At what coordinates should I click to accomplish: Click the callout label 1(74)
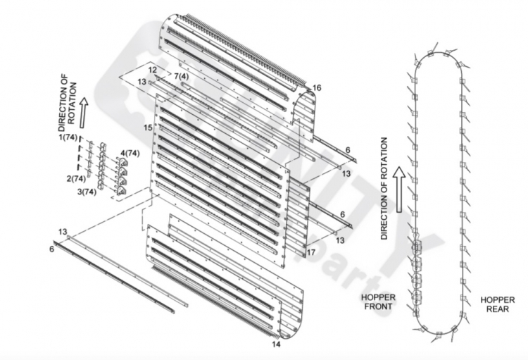(x=68, y=137)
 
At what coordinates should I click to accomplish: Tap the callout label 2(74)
(x=76, y=178)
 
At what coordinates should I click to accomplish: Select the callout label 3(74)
(x=87, y=192)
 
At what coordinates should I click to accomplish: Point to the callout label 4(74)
(x=130, y=154)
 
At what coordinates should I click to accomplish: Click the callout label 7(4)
(x=182, y=77)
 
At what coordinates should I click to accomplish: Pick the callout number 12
(x=153, y=70)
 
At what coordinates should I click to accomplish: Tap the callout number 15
(x=148, y=128)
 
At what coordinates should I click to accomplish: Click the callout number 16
(x=317, y=88)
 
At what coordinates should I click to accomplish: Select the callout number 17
(x=311, y=252)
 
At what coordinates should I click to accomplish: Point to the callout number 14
(x=276, y=345)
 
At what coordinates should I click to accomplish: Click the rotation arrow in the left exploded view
(x=83, y=113)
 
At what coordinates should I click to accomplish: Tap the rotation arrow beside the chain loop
(x=400, y=190)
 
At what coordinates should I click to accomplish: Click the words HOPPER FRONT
(x=378, y=302)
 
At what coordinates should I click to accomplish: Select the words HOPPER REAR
(x=497, y=304)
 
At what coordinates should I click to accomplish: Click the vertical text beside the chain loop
(x=384, y=188)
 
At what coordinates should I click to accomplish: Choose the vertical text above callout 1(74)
(x=68, y=103)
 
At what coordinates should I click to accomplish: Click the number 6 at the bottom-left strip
(x=51, y=249)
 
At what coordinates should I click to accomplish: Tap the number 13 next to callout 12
(x=142, y=82)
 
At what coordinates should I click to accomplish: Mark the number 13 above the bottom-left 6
(x=63, y=232)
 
